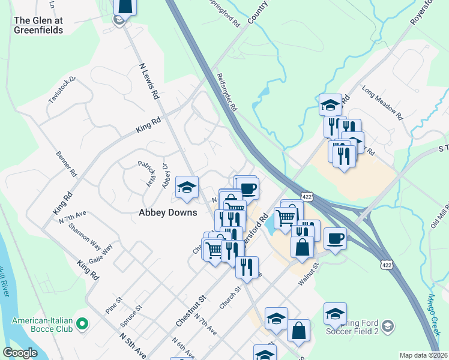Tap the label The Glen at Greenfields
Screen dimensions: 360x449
[38, 25]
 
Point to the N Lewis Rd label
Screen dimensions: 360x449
[149, 82]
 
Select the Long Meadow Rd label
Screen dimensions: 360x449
[382, 100]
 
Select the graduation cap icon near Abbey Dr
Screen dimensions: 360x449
[187, 188]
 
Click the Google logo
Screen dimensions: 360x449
[20, 353]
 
